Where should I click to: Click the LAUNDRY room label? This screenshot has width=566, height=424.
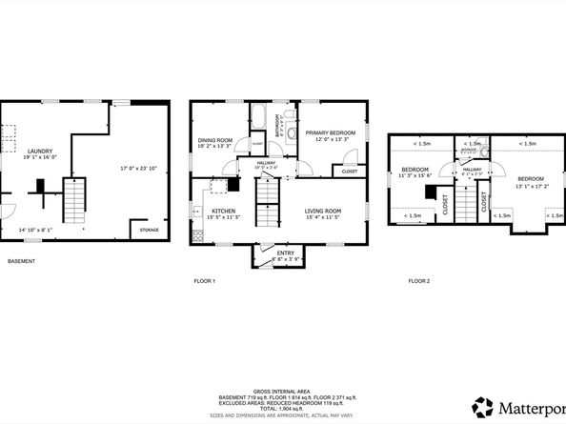point(39,151)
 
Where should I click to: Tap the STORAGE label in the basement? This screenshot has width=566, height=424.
point(150,230)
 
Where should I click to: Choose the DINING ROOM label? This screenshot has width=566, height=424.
point(215,140)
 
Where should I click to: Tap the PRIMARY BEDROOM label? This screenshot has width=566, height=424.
point(330,132)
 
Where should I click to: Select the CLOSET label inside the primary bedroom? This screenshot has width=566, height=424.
point(349,172)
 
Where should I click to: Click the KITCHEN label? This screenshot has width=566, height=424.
point(223,211)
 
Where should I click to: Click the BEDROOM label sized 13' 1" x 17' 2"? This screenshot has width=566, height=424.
point(531,179)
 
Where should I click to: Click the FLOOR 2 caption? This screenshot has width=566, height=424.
point(419,281)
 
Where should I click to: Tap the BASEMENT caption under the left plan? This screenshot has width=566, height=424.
point(22,261)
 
